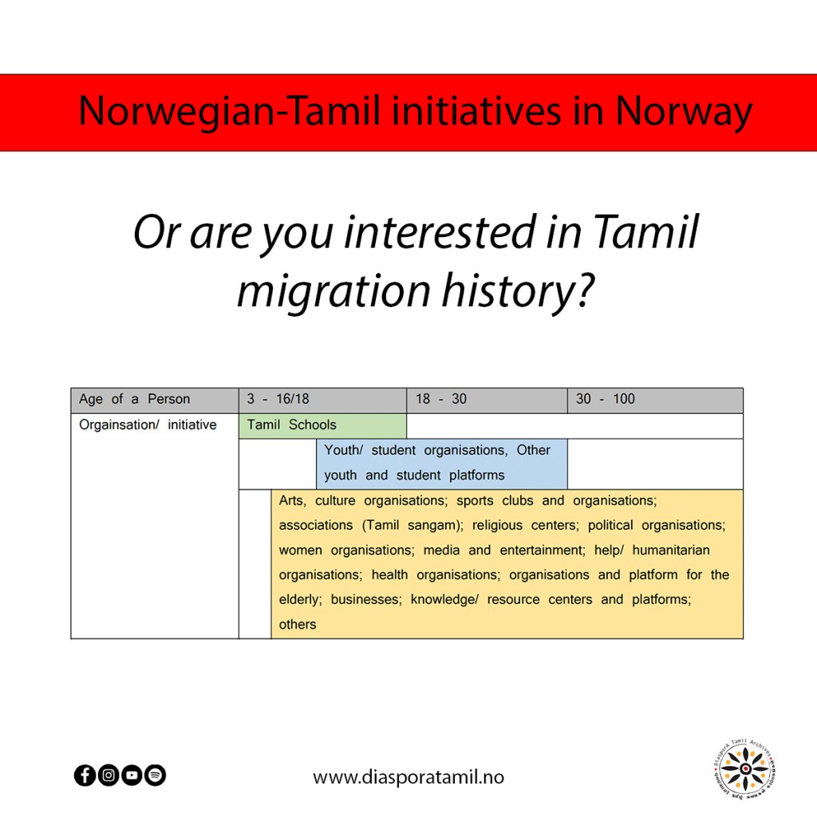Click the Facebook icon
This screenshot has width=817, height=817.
[85, 775]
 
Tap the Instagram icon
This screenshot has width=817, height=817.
[109, 775]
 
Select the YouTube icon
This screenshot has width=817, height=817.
[132, 775]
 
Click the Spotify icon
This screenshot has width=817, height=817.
[155, 775]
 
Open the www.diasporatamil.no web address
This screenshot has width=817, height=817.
[408, 777]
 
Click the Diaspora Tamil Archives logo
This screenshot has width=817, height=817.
[745, 768]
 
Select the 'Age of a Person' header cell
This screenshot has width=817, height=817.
[155, 401]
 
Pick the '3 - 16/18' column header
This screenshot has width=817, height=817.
[322, 401]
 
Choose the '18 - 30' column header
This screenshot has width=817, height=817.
[487, 401]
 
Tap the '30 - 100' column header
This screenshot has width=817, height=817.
[655, 401]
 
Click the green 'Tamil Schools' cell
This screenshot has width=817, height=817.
[322, 426]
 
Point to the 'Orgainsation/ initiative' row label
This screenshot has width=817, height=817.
[148, 425]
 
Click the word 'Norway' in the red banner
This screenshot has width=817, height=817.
[684, 112]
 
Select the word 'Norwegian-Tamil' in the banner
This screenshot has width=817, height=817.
[229, 112]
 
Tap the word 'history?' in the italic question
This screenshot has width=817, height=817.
[519, 292]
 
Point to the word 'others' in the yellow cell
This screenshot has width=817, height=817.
[298, 624]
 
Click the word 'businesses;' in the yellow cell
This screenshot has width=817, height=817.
[366, 600]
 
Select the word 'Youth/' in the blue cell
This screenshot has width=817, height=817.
[343, 450]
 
